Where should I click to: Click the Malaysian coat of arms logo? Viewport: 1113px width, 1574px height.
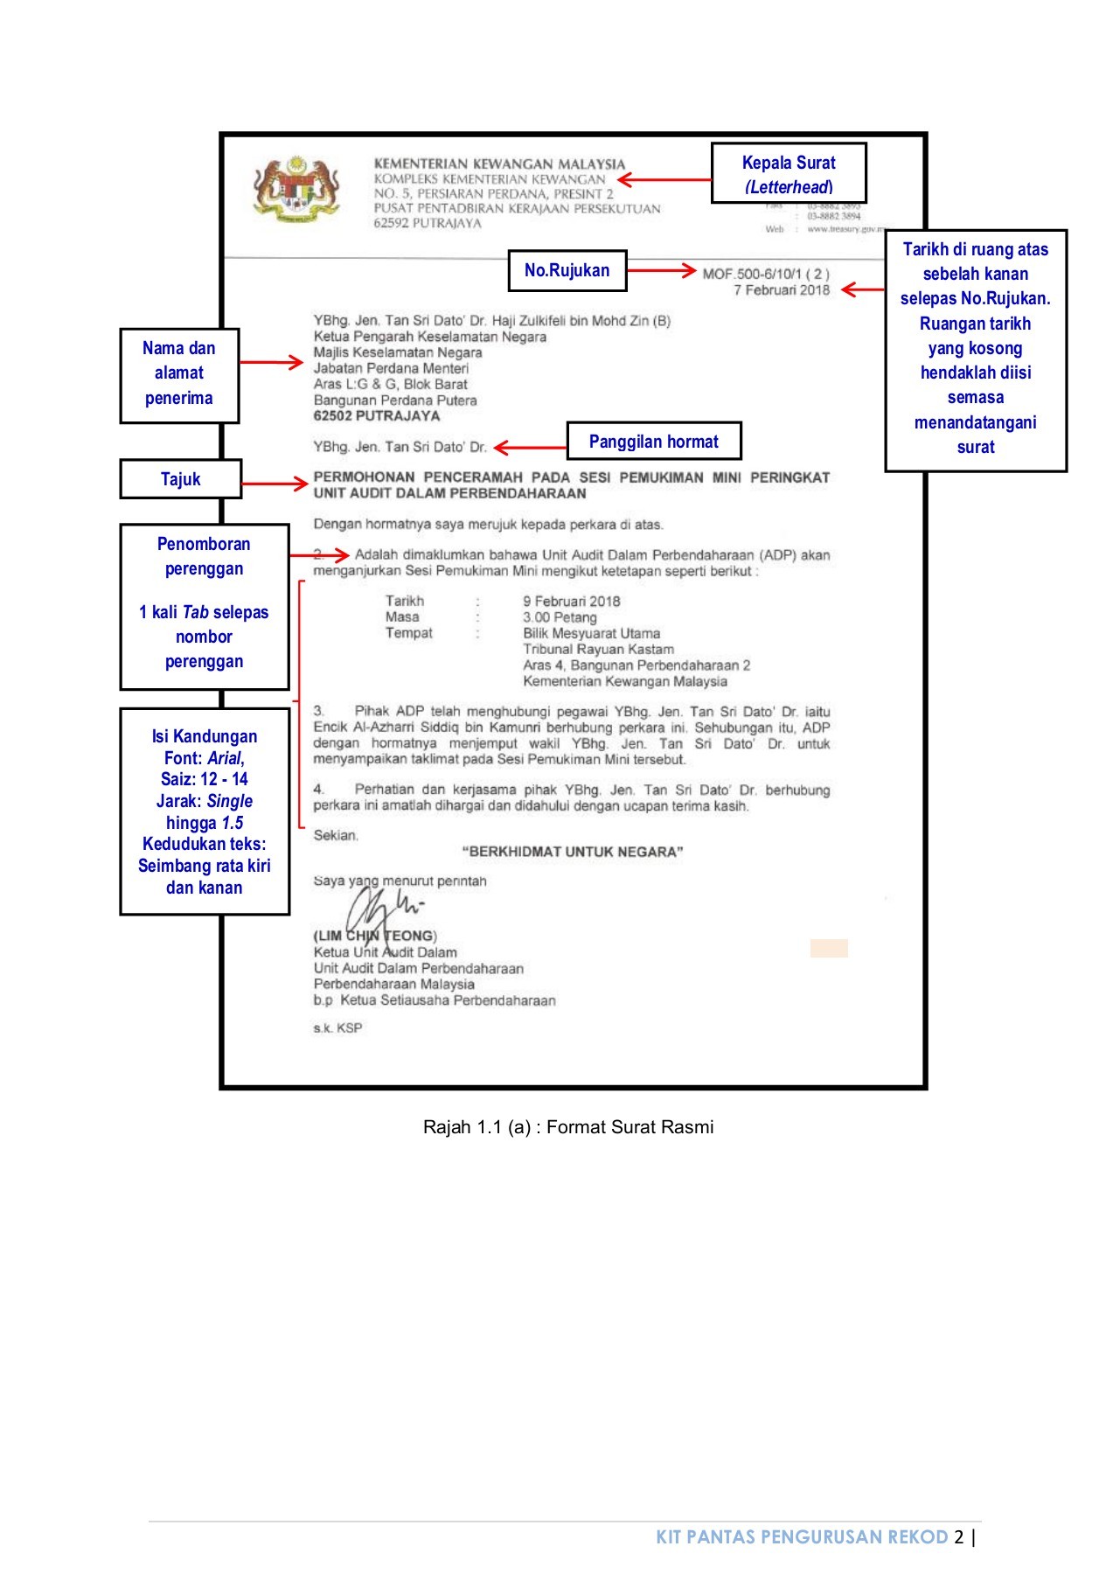296,189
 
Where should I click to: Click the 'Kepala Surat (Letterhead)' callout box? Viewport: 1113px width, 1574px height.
789,174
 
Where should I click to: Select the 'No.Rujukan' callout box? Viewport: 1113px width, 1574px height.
567,270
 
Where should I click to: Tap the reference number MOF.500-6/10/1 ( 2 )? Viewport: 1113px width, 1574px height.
766,274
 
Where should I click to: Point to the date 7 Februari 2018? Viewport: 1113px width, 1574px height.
782,290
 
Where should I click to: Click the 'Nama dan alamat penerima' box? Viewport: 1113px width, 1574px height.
179,373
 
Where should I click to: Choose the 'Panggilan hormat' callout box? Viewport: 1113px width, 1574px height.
653,442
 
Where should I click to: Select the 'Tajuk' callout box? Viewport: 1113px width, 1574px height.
180,479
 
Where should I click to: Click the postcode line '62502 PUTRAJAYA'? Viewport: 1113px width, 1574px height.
377,416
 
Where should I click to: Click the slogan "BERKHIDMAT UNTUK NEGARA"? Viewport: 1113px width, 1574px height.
573,852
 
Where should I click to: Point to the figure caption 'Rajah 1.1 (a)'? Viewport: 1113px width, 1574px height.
568,1127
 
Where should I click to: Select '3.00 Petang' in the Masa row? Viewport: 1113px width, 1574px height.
560,617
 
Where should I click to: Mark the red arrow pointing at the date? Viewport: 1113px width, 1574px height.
862,289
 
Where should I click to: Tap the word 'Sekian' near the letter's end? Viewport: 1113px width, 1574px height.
336,836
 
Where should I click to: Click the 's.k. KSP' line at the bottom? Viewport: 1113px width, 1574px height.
337,1028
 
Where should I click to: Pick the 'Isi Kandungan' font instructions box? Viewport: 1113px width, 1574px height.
205,811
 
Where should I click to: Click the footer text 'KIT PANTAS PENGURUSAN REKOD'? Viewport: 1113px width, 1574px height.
802,1536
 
